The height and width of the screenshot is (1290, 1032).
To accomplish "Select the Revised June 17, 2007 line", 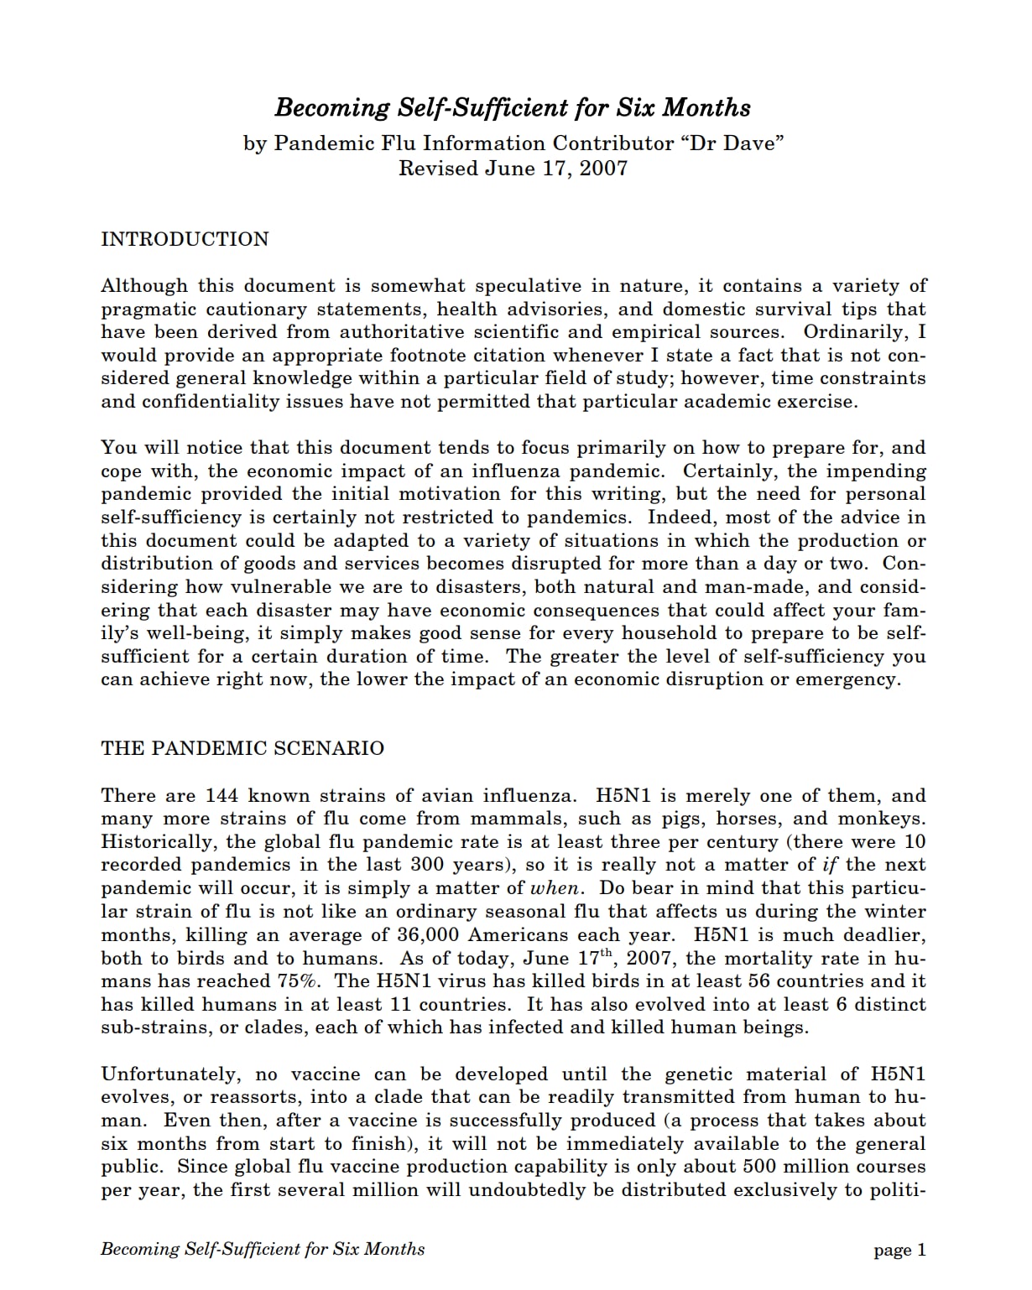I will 513,169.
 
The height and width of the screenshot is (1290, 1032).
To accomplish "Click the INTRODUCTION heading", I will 185,239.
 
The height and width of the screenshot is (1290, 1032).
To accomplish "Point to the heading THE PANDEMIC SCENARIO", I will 242,748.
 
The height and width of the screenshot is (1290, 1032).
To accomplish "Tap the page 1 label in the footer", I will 899,1251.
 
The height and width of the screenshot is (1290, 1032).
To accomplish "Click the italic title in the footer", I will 263,1249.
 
